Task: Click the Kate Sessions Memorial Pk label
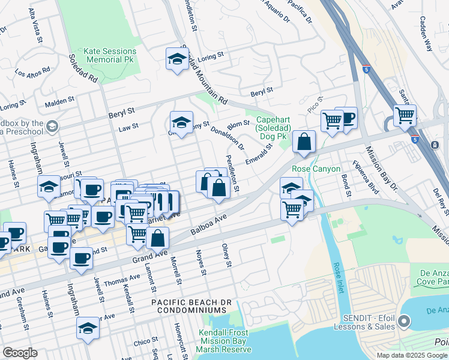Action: (111, 56)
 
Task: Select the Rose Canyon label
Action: (316, 169)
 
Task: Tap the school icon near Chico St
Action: (88, 328)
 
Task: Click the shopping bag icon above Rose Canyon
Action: (304, 142)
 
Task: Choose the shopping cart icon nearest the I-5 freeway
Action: (405, 114)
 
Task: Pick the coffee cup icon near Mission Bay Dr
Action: (346, 117)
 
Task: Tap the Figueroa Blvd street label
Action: (366, 178)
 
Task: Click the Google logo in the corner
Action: (20, 353)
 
